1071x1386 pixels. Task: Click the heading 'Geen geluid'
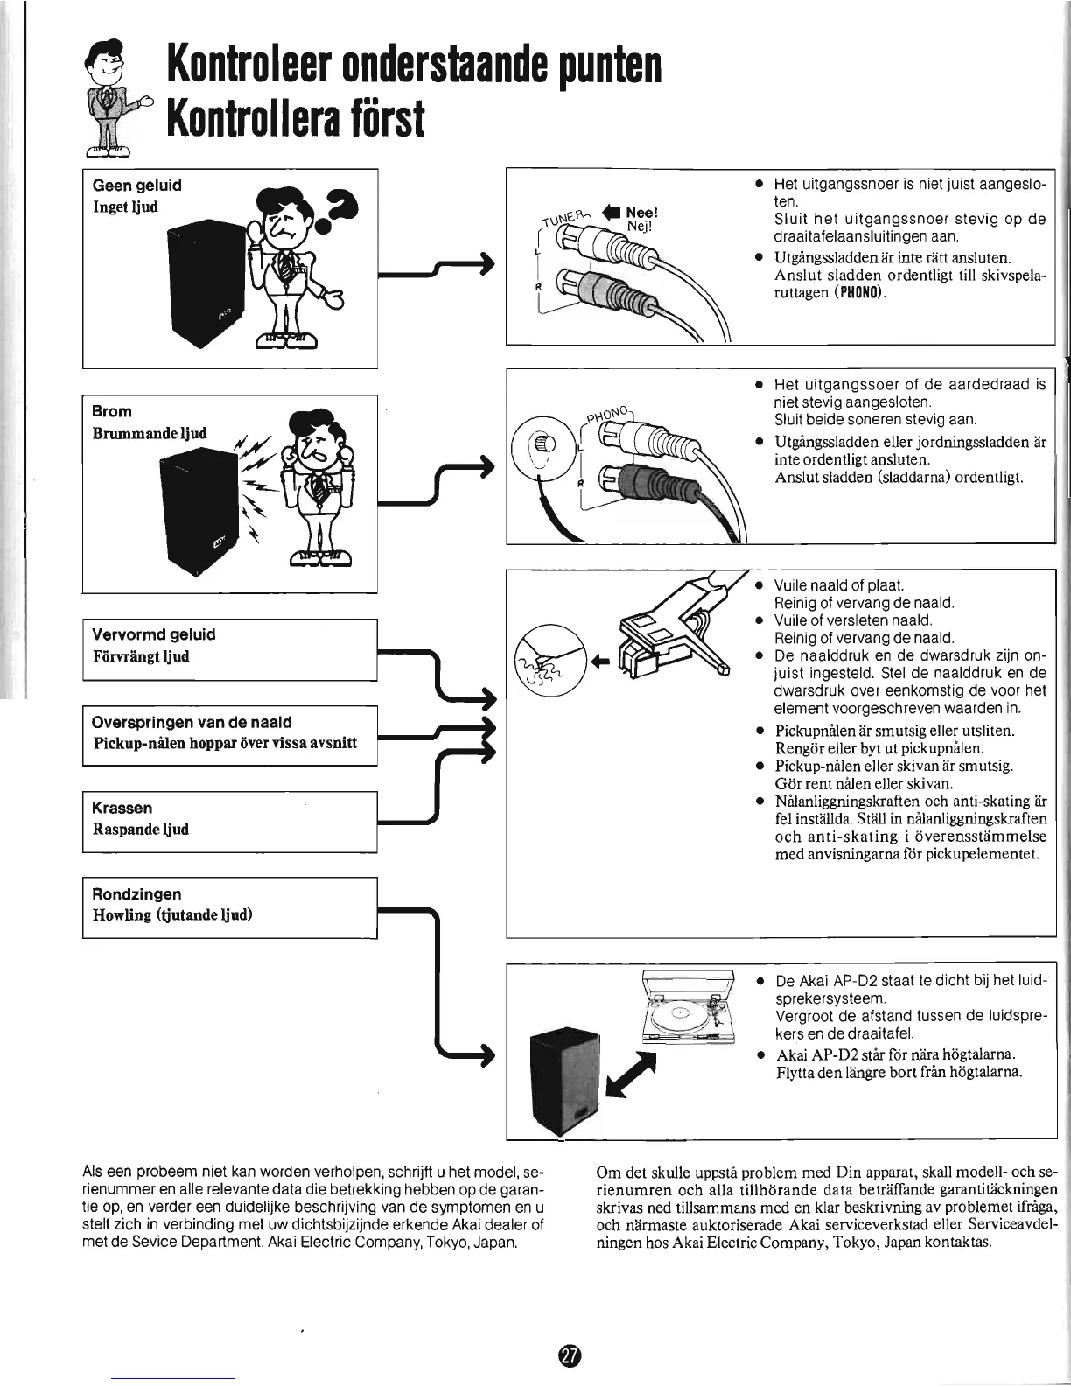[x=137, y=185]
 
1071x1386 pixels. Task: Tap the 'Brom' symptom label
[x=112, y=411]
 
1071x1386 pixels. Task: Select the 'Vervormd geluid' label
[x=154, y=634]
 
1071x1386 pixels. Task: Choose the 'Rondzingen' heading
[x=137, y=893]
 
